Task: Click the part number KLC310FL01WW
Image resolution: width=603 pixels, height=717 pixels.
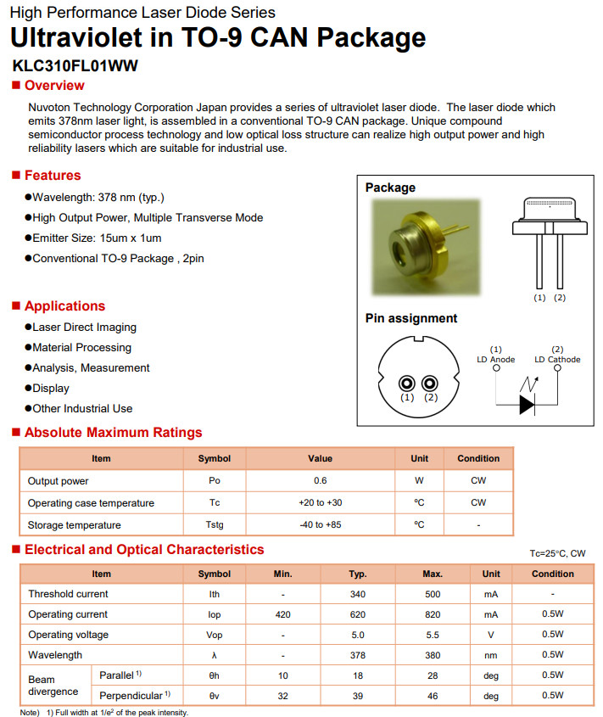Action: coord(75,65)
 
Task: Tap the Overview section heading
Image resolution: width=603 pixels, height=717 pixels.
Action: coord(54,86)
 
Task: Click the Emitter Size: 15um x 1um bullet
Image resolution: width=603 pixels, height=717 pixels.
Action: coord(97,238)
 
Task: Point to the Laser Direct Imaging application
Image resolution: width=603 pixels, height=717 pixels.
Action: coord(84,327)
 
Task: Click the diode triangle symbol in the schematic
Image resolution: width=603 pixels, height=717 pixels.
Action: coord(528,405)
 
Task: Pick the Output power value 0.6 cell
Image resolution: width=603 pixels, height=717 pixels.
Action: coord(320,481)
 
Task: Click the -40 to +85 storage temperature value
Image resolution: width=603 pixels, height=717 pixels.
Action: coord(320,525)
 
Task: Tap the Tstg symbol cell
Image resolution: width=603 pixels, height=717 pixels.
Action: coord(214,525)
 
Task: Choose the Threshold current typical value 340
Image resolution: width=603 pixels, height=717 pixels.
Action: coord(357,594)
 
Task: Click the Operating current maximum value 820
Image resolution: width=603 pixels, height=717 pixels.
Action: coord(433,614)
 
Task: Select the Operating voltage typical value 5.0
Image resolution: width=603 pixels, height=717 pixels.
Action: coord(357,635)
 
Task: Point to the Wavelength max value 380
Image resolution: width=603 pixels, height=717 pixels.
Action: coord(433,655)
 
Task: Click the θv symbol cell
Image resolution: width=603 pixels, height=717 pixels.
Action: coord(214,696)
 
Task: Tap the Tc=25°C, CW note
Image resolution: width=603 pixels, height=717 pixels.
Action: coord(557,553)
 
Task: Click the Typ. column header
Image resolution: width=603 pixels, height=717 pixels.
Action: coord(357,574)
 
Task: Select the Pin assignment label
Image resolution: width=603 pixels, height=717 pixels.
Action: coord(410,318)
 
